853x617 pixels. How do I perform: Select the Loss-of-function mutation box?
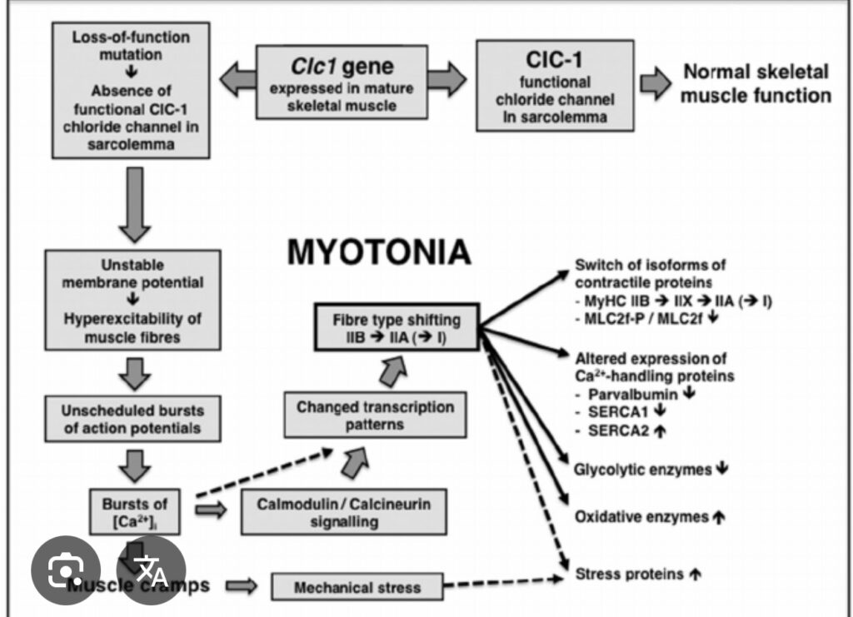point(130,91)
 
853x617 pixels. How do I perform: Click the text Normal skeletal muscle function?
point(756,83)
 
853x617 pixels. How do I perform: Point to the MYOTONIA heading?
point(379,251)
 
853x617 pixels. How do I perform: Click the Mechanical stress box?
point(357,587)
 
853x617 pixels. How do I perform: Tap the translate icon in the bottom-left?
point(152,570)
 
